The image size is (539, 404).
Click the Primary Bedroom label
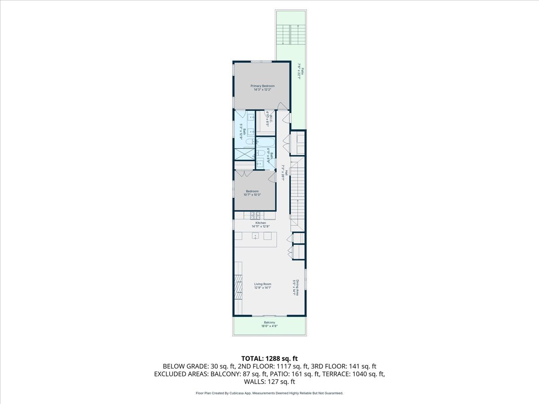point(262,86)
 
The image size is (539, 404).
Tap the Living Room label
point(263,284)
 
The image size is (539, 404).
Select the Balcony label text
point(269,322)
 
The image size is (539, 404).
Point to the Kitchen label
point(261,223)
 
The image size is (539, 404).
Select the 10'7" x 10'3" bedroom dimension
point(252,195)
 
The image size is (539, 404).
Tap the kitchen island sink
point(256,236)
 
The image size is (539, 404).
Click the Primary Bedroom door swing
point(281,106)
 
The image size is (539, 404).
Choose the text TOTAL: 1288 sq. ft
point(269,358)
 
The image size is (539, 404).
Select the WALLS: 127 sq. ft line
point(269,382)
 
